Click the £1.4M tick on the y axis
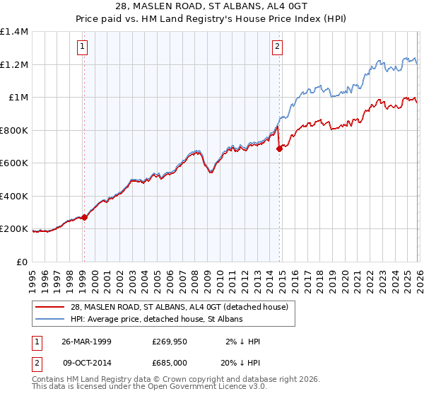pos(15,32)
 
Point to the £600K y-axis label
pos(14,163)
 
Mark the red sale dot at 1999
pos(84,218)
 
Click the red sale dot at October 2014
pos(279,149)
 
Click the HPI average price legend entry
pos(156,320)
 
